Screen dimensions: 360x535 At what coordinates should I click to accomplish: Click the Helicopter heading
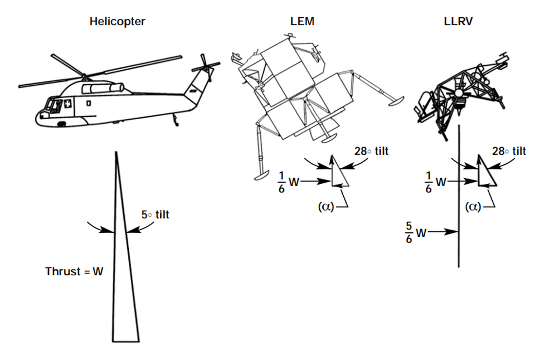pos(118,22)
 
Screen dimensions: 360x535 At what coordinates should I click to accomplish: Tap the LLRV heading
pos(456,22)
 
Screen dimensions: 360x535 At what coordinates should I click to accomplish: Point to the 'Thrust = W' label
pos(74,273)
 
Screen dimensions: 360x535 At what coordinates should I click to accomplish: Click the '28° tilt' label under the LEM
pos(371,151)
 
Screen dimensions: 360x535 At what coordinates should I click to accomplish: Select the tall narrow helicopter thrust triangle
pos(123,279)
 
